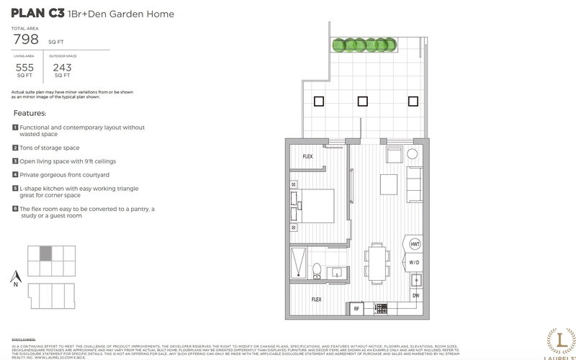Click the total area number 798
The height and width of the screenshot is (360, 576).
coord(27,40)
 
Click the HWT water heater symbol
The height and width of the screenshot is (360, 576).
coord(415,245)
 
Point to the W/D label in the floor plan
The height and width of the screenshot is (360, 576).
coord(415,263)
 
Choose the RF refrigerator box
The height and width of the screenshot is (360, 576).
coord(356,309)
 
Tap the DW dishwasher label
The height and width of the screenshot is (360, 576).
coord(415,296)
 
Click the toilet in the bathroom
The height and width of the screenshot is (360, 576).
coord(316,271)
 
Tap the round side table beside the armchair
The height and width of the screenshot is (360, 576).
coord(413,154)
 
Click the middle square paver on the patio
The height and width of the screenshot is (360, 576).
coord(362,102)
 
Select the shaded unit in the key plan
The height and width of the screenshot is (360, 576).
coord(45,253)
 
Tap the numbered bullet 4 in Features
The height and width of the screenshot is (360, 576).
coord(15,174)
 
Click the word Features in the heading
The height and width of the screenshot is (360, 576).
coord(30,114)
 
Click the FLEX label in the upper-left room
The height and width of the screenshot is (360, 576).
coord(307,156)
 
